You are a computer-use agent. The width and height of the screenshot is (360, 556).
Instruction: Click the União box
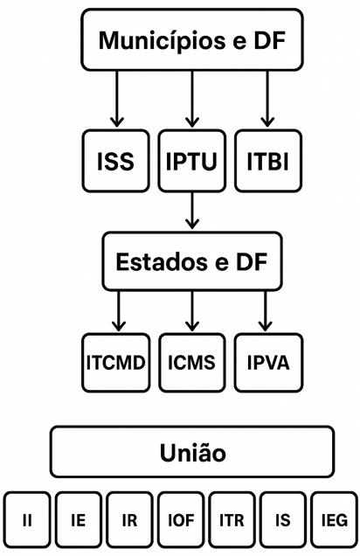click(192, 453)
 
